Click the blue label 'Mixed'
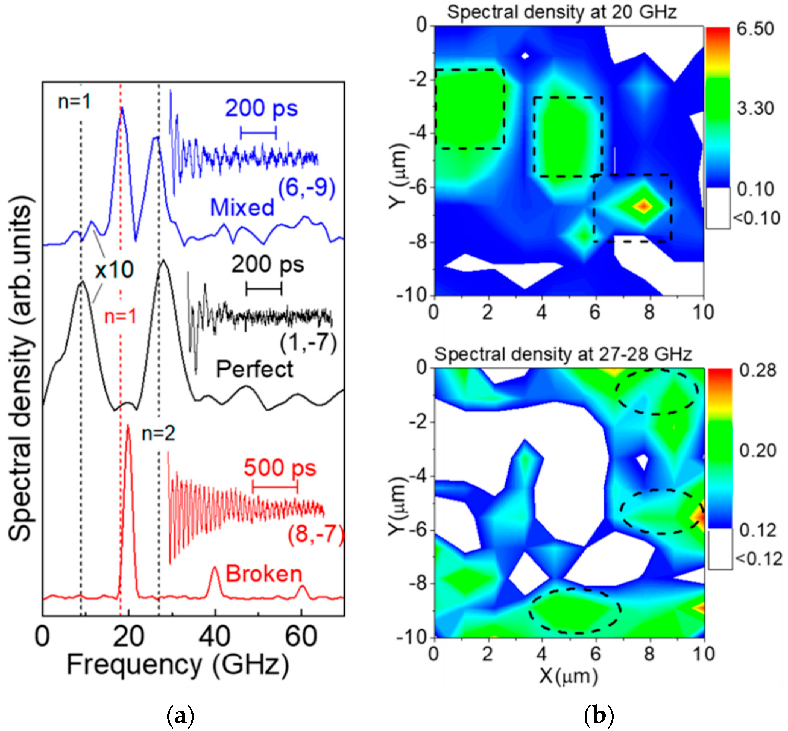[242, 207]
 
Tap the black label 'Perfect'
[254, 370]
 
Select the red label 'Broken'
[264, 574]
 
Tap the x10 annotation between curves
[114, 270]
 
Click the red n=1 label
[120, 317]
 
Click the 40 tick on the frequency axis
[214, 637]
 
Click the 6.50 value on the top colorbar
[755, 29]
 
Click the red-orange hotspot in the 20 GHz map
[644, 206]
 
